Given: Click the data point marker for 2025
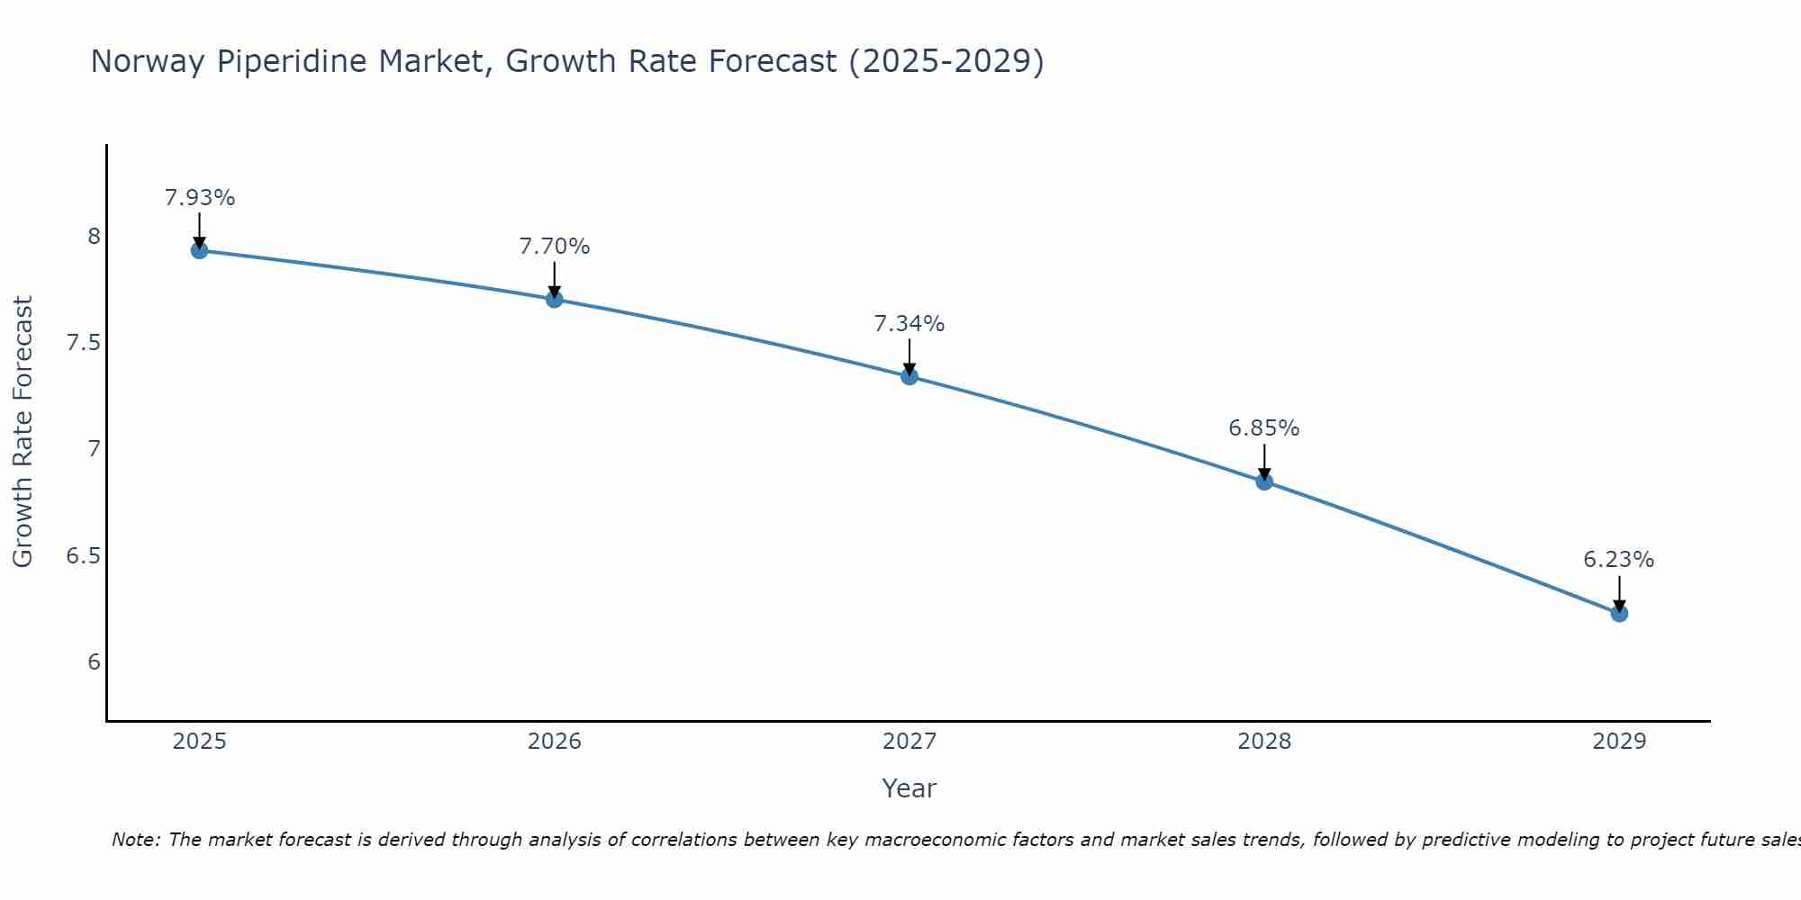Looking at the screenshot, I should tap(200, 250).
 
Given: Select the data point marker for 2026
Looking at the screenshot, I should tap(555, 299).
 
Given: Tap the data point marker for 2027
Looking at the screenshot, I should tap(910, 376).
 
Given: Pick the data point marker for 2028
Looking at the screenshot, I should tap(1264, 481).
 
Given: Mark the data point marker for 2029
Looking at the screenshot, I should tap(1619, 613).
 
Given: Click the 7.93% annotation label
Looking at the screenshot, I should tap(200, 198).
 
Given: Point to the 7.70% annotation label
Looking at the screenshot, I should tap(555, 247).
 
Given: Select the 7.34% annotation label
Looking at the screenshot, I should tap(910, 324).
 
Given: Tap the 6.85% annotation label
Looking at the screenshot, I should tap(1264, 428).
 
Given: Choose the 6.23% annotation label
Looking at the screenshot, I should tap(1619, 560).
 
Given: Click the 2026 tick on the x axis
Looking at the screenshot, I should tap(555, 742).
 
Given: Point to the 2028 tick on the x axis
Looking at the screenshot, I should tap(1264, 742).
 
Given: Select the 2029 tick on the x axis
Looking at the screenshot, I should tap(1619, 742).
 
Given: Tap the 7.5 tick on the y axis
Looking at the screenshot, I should tap(83, 343).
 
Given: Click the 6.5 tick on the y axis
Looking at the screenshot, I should tap(83, 556).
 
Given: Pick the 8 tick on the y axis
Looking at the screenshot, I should tap(94, 237).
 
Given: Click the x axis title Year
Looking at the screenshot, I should tap(910, 788).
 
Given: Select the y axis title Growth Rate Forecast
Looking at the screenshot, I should tap(23, 432).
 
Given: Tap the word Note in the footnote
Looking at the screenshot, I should tap(135, 840).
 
